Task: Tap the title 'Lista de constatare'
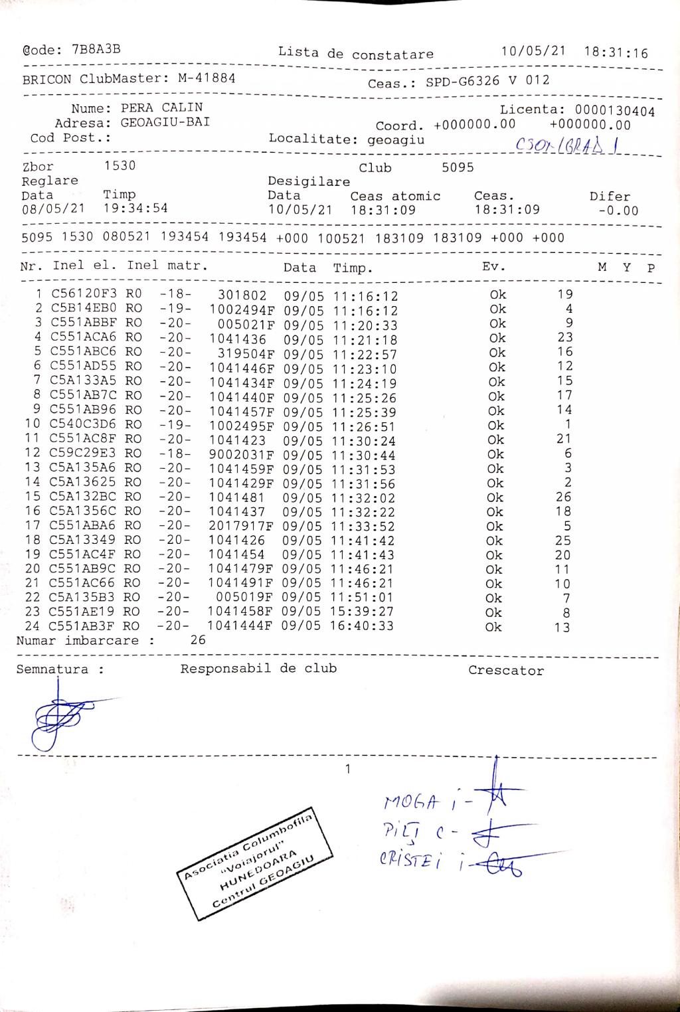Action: click(x=355, y=53)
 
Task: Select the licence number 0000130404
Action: click(x=614, y=111)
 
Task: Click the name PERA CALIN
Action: click(x=161, y=108)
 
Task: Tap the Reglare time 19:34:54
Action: click(x=135, y=209)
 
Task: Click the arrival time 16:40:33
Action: click(x=363, y=626)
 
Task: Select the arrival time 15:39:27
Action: click(x=363, y=611)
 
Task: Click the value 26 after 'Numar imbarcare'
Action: click(x=197, y=640)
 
